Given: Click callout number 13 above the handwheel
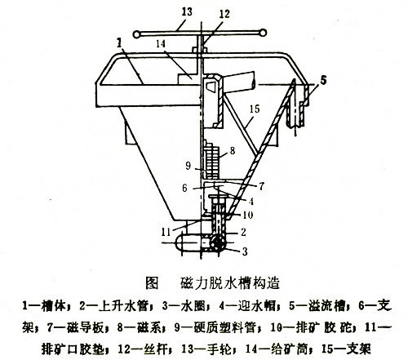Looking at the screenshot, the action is [x=187, y=11].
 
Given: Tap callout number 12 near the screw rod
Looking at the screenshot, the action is [x=224, y=14].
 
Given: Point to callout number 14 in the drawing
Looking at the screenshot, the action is [x=161, y=43].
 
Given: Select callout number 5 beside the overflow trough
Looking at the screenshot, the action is [x=323, y=80].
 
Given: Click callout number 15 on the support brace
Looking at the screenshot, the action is [x=255, y=109].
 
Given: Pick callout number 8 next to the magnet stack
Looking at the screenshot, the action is [x=233, y=150].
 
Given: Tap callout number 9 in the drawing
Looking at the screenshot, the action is [x=188, y=166].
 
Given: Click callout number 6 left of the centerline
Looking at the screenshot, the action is [x=184, y=188].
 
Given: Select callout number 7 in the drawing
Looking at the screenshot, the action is [x=261, y=186].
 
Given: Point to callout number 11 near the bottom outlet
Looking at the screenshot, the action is [x=166, y=232].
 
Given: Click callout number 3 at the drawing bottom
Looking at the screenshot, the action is [x=245, y=251].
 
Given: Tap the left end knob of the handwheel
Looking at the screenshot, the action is [x=136, y=34].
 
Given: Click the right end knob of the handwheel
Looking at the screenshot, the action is [x=262, y=33].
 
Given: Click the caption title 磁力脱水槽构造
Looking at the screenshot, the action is [x=230, y=283].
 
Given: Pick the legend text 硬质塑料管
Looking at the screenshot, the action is [x=224, y=327].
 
